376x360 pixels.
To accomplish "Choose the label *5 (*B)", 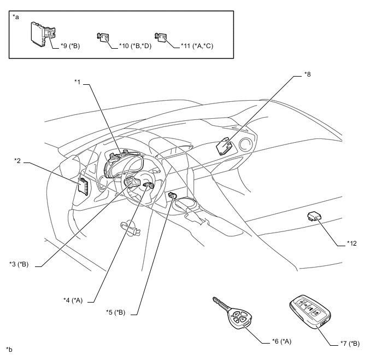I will point(116,313).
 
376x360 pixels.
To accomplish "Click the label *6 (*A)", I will point(281,341).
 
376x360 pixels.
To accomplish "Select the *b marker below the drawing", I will point(9,349).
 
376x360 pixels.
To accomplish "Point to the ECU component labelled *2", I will point(84,186).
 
